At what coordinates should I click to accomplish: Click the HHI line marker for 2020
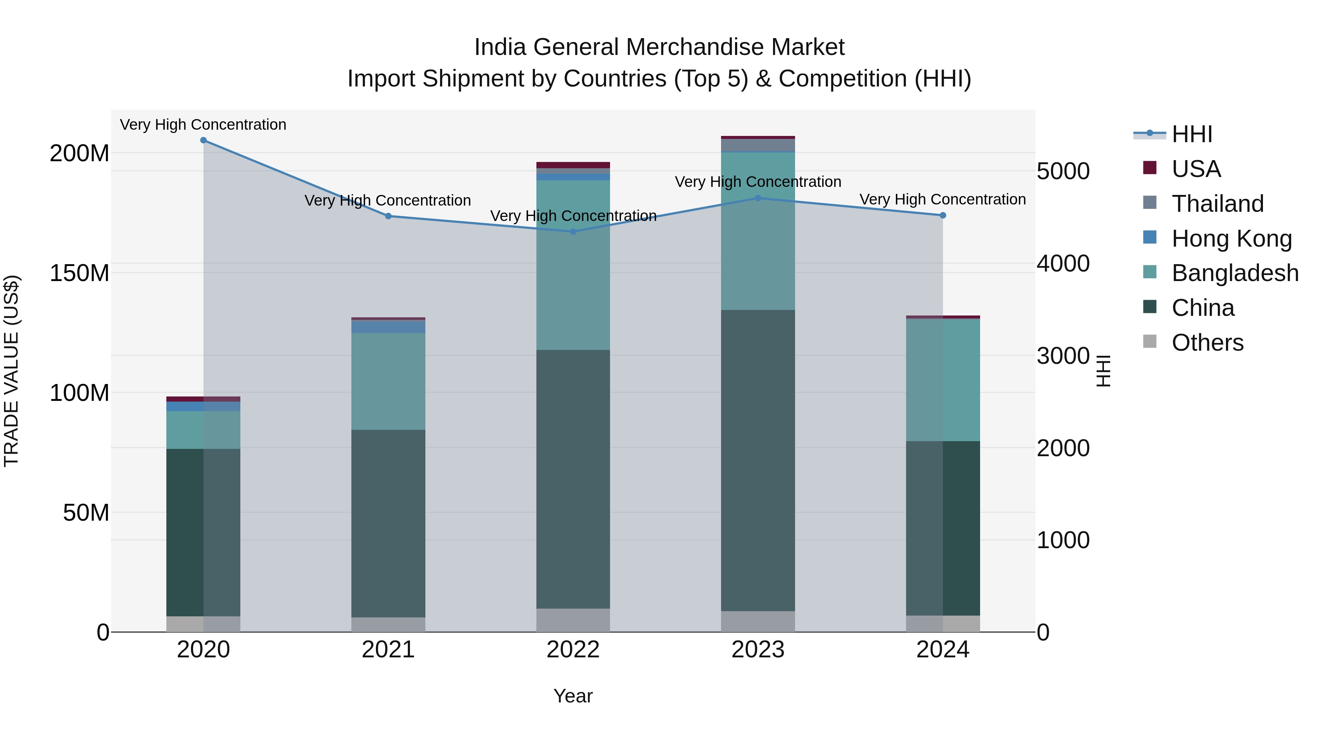(x=203, y=140)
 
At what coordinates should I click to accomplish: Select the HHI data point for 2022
(x=573, y=232)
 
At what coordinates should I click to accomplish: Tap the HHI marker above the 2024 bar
(x=943, y=215)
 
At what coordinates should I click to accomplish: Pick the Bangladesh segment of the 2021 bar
(x=388, y=381)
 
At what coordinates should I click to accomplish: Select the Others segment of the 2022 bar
(x=573, y=620)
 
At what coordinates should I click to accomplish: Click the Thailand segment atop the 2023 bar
(x=758, y=145)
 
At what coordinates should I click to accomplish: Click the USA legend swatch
(x=1149, y=168)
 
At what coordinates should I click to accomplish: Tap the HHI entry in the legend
(x=1192, y=134)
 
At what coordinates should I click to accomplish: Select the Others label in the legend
(x=1207, y=343)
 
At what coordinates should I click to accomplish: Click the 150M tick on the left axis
(x=80, y=273)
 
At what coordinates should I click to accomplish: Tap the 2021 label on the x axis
(x=388, y=650)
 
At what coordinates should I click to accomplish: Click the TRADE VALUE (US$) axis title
(x=11, y=371)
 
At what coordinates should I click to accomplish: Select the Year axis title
(x=573, y=696)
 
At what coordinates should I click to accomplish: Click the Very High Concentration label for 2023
(x=758, y=182)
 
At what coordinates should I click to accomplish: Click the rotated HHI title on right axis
(x=1104, y=371)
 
